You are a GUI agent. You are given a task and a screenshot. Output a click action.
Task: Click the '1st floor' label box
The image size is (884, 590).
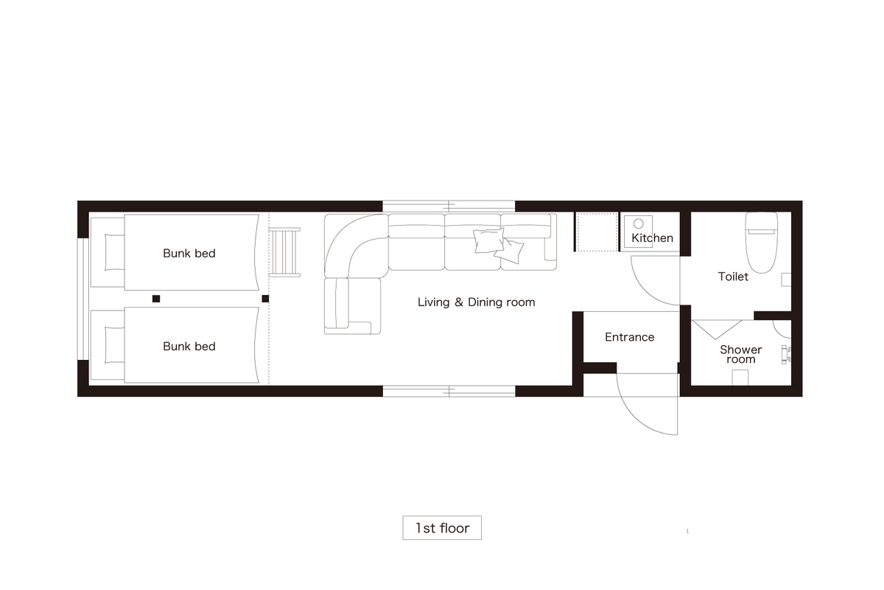pyautogui.click(x=442, y=527)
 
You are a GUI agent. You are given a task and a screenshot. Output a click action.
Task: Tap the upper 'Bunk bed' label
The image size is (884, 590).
pyautogui.click(x=189, y=253)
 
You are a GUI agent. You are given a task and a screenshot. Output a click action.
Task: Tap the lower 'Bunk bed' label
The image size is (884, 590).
pyautogui.click(x=189, y=347)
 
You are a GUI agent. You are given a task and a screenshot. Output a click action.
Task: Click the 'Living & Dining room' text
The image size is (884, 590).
pyautogui.click(x=477, y=302)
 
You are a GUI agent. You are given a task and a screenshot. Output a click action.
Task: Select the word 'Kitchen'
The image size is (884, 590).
pyautogui.click(x=653, y=238)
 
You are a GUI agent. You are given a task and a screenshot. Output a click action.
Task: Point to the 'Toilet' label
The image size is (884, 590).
pyautogui.click(x=733, y=277)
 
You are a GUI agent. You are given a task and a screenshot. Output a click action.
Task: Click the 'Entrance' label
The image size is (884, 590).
pyautogui.click(x=629, y=337)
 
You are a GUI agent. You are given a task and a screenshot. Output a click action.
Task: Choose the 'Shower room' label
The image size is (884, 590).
pyautogui.click(x=741, y=355)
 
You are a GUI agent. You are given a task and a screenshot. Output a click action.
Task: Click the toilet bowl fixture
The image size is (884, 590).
pyautogui.click(x=761, y=242)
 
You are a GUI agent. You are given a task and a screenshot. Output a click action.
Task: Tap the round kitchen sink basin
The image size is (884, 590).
pyautogui.click(x=638, y=224)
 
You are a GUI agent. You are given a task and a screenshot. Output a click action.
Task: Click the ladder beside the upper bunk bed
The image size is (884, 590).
pyautogui.click(x=284, y=252)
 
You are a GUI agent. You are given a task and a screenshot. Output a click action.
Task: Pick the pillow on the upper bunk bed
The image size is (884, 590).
pyautogui.click(x=114, y=252)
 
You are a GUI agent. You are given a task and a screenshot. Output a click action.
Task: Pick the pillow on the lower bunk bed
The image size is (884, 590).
pyautogui.click(x=114, y=345)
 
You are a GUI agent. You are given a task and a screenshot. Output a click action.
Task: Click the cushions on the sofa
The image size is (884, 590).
pyautogui.click(x=498, y=246)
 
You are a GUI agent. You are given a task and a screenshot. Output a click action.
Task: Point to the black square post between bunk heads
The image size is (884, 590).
pyautogui.click(x=156, y=299)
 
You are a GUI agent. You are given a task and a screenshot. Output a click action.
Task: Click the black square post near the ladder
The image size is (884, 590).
pyautogui.click(x=265, y=299)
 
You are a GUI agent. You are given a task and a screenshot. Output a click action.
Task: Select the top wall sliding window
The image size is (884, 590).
pyautogui.click(x=449, y=206)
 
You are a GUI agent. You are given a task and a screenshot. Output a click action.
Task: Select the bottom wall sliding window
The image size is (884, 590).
pyautogui.click(x=449, y=391)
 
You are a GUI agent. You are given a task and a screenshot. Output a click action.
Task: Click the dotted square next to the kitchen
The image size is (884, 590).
pyautogui.click(x=597, y=232)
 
